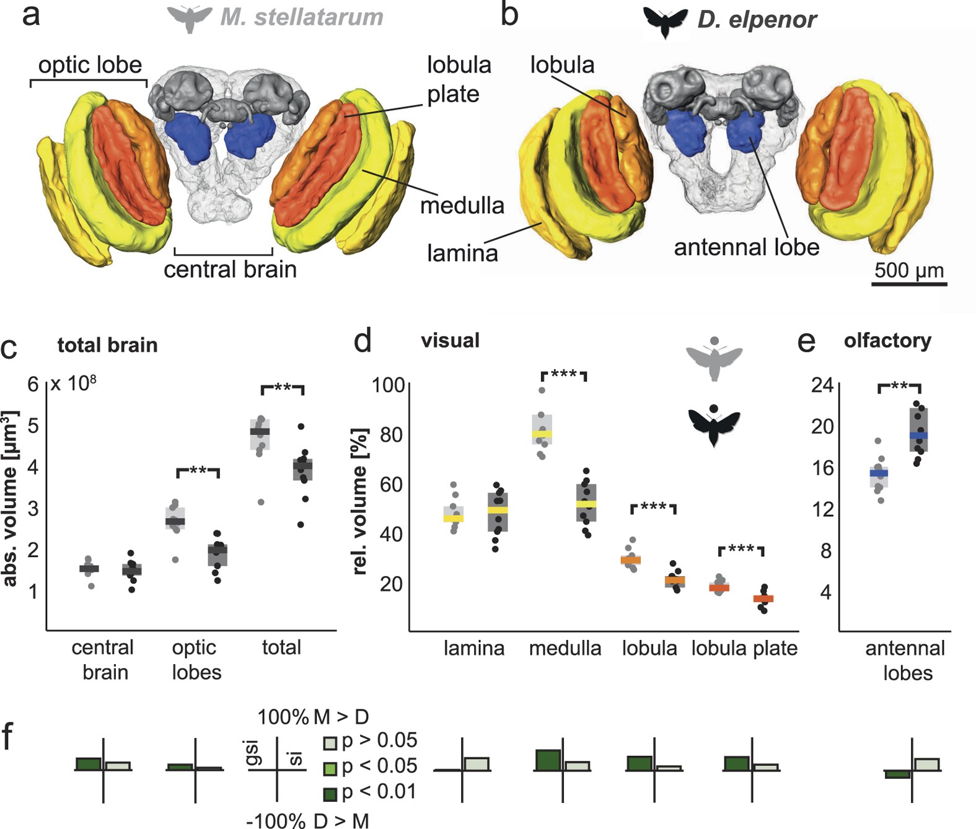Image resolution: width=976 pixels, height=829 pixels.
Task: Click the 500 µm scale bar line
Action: click(x=909, y=284)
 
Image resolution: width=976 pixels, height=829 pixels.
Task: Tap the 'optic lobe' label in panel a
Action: click(x=90, y=65)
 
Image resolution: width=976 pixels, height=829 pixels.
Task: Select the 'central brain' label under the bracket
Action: click(x=230, y=270)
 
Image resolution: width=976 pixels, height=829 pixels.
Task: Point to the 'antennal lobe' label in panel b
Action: click(x=746, y=247)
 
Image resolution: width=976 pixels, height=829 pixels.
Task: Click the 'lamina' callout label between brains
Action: click(x=462, y=253)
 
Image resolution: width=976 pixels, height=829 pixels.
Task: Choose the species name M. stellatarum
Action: click(x=302, y=17)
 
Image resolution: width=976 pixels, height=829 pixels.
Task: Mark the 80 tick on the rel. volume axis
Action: click(x=392, y=434)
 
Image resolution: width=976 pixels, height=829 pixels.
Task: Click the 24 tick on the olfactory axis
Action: click(x=822, y=385)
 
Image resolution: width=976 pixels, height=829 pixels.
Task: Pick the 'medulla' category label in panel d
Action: click(x=565, y=648)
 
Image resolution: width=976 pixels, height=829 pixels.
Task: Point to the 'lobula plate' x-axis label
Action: click(x=744, y=648)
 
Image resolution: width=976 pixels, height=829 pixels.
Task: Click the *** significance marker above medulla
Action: click(x=564, y=375)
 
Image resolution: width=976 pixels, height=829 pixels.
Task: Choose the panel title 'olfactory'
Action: click(x=887, y=340)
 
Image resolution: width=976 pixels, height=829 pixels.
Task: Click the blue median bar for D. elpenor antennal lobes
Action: click(x=918, y=436)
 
